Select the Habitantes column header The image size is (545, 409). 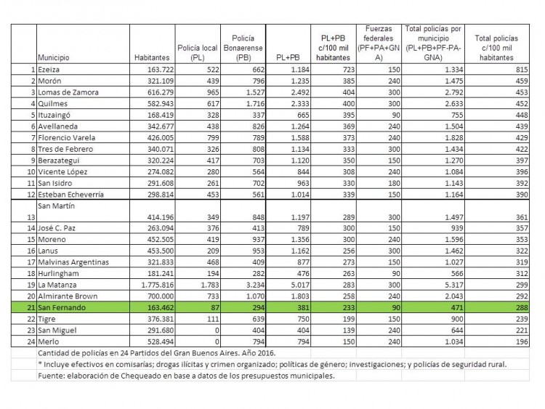pos(152,56)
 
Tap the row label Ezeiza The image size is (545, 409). pos(51,69)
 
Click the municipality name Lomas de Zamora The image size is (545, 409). pos(68,92)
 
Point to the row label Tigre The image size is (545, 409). pos(49,320)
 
